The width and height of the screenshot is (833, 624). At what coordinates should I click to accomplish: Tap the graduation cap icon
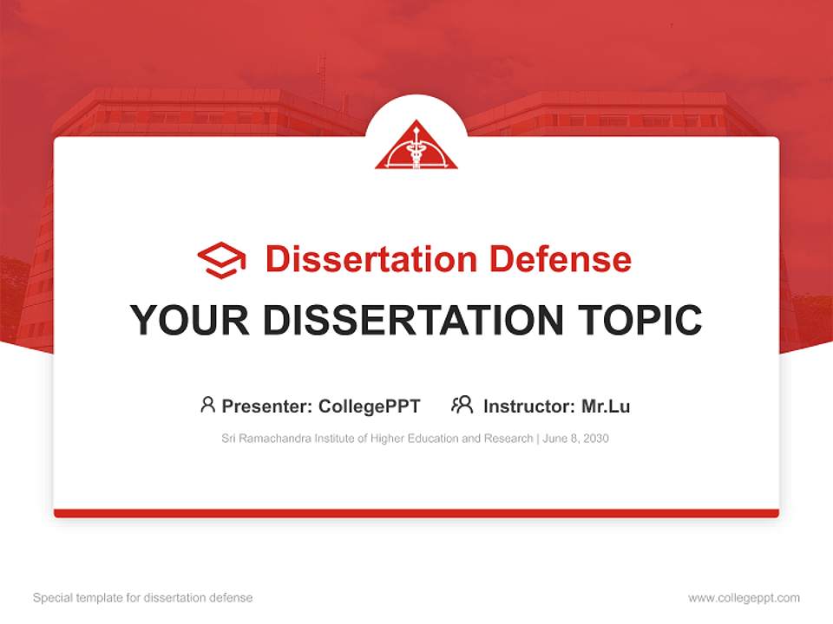coord(221,259)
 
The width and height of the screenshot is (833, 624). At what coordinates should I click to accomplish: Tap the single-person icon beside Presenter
coord(207,405)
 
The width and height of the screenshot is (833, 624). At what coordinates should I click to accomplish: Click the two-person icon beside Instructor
coord(462,405)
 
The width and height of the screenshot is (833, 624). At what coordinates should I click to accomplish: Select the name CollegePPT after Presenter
coord(369,406)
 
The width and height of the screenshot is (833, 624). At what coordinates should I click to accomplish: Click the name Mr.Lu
coord(606,406)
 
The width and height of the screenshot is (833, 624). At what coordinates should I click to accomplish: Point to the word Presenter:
coord(267,406)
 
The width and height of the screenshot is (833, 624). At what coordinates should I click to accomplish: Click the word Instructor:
coord(528,406)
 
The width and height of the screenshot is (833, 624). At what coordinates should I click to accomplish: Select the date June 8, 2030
coord(576,439)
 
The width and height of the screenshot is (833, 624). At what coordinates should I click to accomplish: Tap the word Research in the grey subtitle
coord(508,439)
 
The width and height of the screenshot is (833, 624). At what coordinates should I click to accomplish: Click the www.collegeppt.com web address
coord(744,598)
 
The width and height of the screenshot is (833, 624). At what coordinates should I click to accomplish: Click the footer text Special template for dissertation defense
coord(142,598)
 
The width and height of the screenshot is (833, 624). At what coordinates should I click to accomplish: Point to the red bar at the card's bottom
coord(416,513)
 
